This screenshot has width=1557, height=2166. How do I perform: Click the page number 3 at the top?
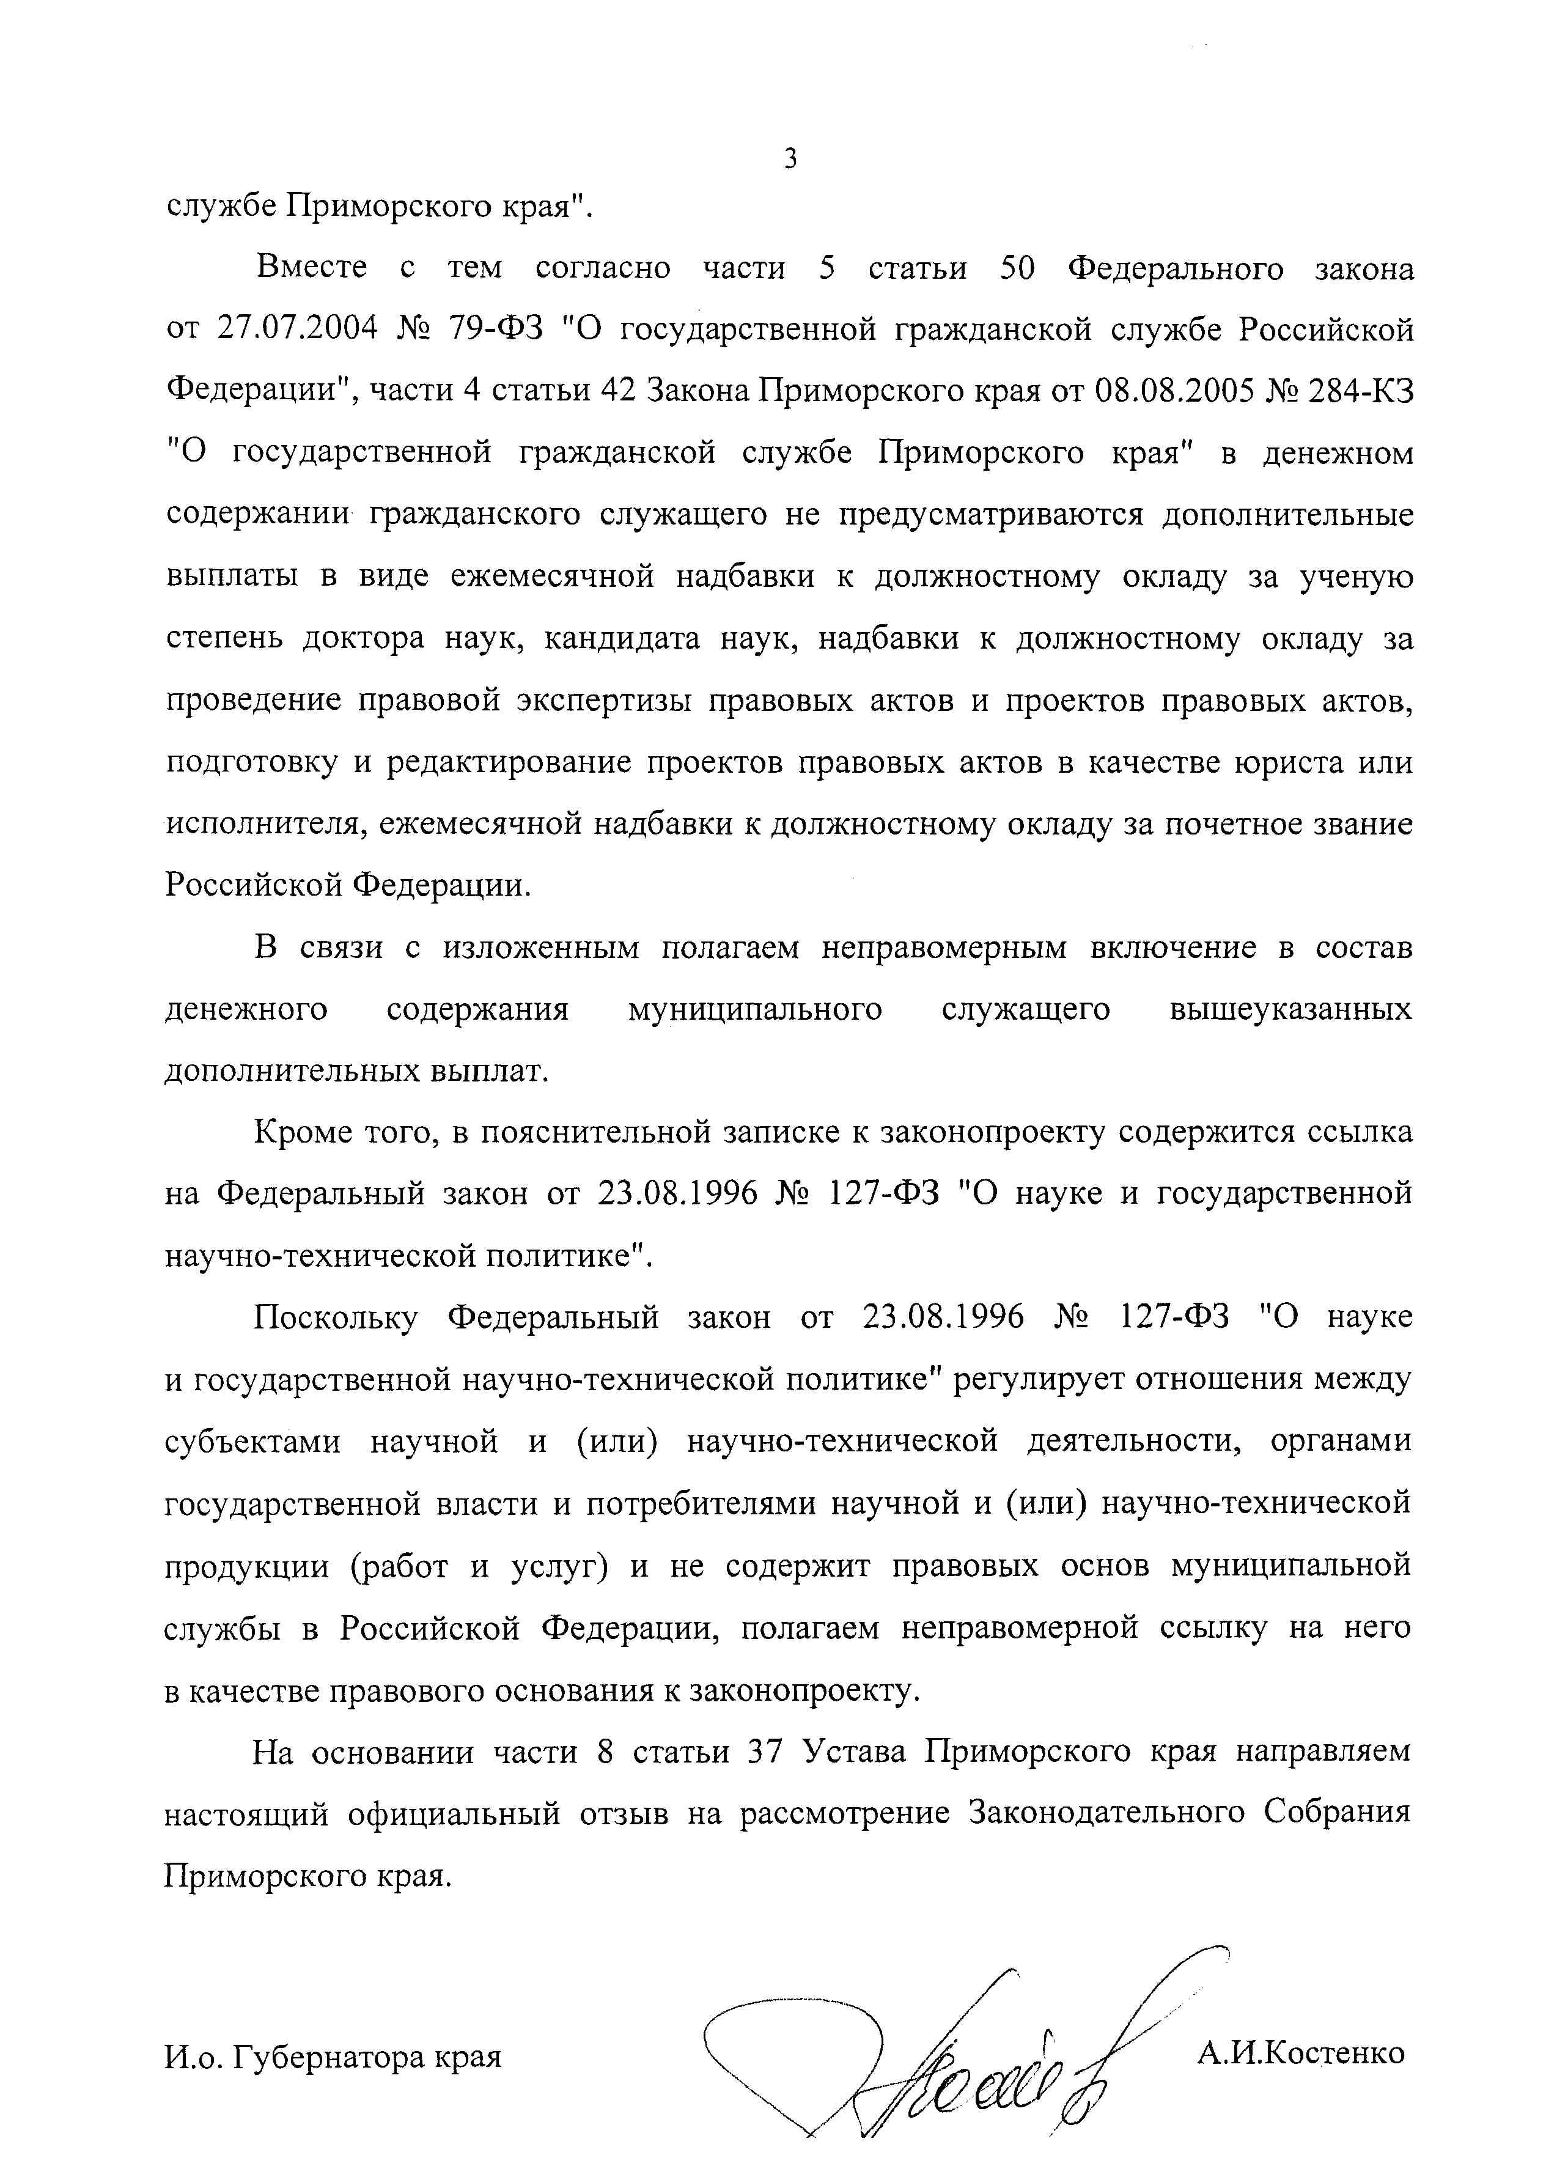(790, 158)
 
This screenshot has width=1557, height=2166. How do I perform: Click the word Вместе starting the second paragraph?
(311, 268)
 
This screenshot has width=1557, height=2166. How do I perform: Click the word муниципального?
(754, 1009)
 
